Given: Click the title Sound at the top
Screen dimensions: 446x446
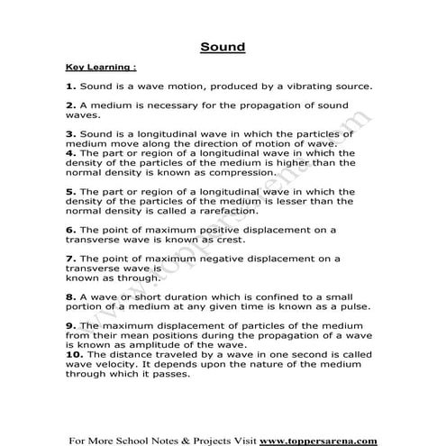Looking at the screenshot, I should coord(222,46).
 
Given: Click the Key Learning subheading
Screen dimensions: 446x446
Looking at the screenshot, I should coord(101,67).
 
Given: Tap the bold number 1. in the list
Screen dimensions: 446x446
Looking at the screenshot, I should coord(70,86).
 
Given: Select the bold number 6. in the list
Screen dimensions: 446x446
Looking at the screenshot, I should coord(70,230).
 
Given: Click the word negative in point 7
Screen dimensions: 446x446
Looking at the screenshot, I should coord(225,259).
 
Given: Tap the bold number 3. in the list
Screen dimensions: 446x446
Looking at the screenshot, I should coord(70,134).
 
